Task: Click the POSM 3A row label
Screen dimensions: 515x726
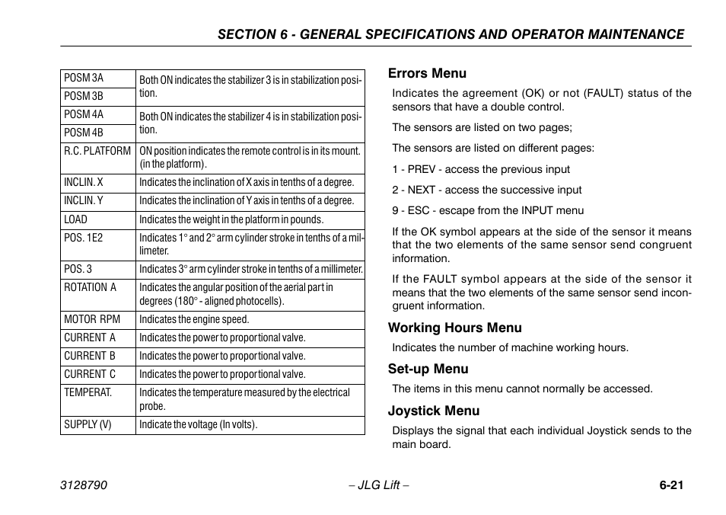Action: [84, 78]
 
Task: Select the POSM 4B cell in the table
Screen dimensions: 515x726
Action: [84, 133]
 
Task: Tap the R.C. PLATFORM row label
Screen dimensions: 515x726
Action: [97, 151]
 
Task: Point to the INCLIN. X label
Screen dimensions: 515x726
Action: [84, 182]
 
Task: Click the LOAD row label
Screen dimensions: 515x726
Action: [76, 219]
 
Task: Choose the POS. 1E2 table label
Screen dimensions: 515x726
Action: [84, 238]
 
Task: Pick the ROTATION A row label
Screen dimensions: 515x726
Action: [91, 287]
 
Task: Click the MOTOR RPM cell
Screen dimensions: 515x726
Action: [92, 320]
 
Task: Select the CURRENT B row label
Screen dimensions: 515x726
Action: [90, 356]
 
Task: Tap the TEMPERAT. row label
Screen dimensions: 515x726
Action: [88, 392]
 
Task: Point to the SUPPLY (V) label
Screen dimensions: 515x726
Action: [88, 424]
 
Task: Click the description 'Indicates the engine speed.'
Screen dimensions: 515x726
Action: [194, 320]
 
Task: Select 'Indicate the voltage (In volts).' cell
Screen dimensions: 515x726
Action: [199, 424]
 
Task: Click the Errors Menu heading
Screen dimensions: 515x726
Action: [427, 73]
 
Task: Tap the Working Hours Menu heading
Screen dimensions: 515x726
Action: [455, 328]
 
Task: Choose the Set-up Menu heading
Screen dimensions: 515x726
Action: [428, 369]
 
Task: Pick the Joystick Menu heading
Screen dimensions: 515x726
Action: [434, 411]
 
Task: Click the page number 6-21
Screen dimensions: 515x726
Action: [671, 485]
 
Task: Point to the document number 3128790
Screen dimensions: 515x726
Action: [84, 485]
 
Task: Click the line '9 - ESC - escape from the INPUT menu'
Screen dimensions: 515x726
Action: [488, 210]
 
